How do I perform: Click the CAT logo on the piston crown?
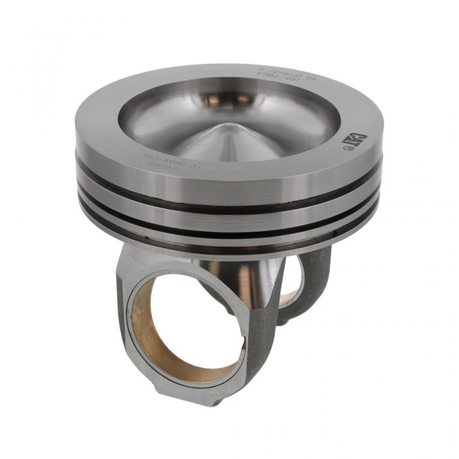click(x=351, y=139)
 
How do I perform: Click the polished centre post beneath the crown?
click(x=252, y=281)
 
